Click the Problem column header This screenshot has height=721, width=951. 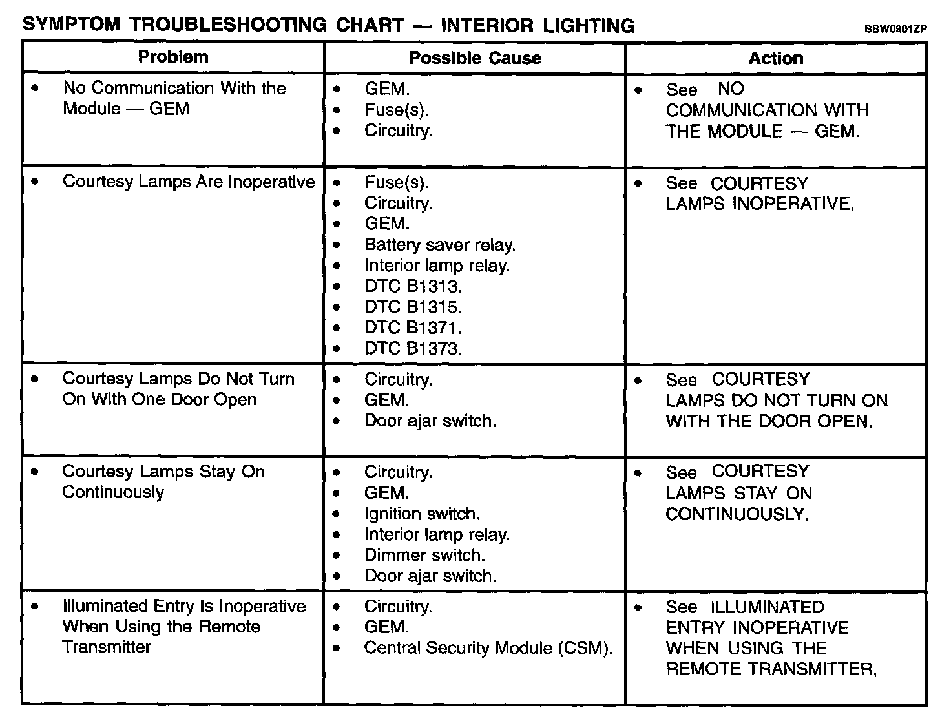click(x=173, y=57)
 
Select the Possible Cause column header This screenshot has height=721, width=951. click(x=475, y=58)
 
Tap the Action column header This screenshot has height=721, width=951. click(x=776, y=58)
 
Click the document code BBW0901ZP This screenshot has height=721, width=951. click(x=895, y=29)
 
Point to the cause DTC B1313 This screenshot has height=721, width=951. click(x=413, y=286)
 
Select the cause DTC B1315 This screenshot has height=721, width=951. click(x=413, y=307)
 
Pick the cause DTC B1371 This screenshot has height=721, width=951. click(x=413, y=328)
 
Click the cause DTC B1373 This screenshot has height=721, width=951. click(x=413, y=349)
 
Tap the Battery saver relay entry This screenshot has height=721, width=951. click(x=440, y=245)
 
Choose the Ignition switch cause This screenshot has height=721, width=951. click(x=422, y=514)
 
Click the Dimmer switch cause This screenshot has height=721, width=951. click(x=424, y=555)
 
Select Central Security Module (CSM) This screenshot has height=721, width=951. click(x=488, y=648)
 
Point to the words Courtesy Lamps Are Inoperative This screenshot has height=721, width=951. click(x=189, y=182)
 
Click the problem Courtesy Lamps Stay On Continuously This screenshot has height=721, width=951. click(x=163, y=482)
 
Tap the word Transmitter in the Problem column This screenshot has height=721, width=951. click(x=107, y=647)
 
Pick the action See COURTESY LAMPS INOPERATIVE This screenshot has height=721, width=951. click(x=760, y=194)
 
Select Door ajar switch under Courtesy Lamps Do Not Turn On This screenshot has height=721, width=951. click(x=430, y=421)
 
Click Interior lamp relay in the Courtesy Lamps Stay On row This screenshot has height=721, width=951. click(x=437, y=534)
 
